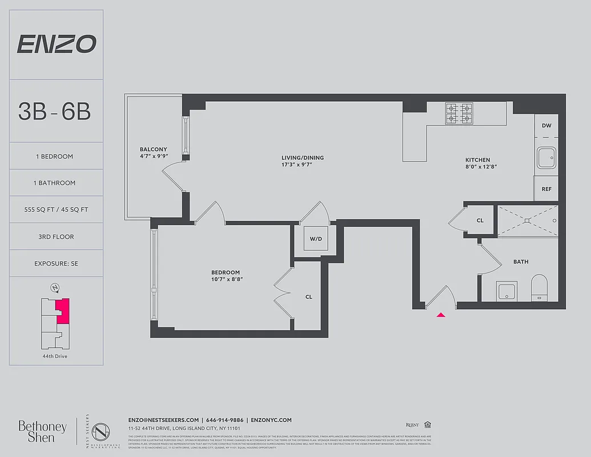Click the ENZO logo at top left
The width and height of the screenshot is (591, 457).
56,44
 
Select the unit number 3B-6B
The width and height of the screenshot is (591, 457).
55,111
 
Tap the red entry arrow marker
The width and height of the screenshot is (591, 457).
440,314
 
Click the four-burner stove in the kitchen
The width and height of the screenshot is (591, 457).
459,114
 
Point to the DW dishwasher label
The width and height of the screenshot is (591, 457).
546,125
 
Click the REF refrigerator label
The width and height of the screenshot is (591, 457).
546,189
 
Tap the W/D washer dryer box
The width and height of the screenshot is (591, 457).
316,239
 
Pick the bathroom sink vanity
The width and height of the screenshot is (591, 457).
506,291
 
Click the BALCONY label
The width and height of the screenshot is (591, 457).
154,150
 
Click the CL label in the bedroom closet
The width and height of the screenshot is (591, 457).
309,296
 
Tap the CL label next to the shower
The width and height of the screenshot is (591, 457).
480,221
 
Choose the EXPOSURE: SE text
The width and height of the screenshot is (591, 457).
56,263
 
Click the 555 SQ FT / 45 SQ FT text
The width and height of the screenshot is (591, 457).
56,210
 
